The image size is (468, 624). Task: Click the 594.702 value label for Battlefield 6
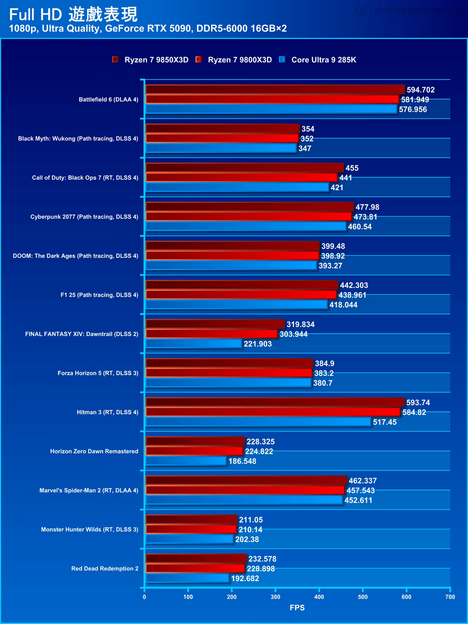pos(420,90)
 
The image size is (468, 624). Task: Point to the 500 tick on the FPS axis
pos(363,597)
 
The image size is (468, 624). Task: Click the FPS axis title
pos(297,608)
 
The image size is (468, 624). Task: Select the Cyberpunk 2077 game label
pos(84,217)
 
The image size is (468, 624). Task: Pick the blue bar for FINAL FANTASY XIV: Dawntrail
pos(194,344)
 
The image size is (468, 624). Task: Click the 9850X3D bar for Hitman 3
pos(275,402)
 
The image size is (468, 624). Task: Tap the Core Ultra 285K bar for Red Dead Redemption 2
pos(187,578)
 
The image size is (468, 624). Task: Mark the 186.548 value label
pos(242,461)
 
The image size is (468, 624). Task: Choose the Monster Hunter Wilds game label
pos(90,529)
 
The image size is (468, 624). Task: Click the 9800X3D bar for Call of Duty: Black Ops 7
pos(241,177)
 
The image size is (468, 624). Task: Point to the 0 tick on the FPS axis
pos(144,597)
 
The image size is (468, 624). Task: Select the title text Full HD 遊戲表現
pos(73,15)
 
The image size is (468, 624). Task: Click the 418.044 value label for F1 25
pos(343,305)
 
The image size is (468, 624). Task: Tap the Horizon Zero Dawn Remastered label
pos(94,451)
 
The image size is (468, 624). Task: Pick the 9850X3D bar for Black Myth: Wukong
pos(222,129)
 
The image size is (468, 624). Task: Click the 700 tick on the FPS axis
pos(450,597)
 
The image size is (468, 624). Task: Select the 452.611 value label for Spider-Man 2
pos(358,500)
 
